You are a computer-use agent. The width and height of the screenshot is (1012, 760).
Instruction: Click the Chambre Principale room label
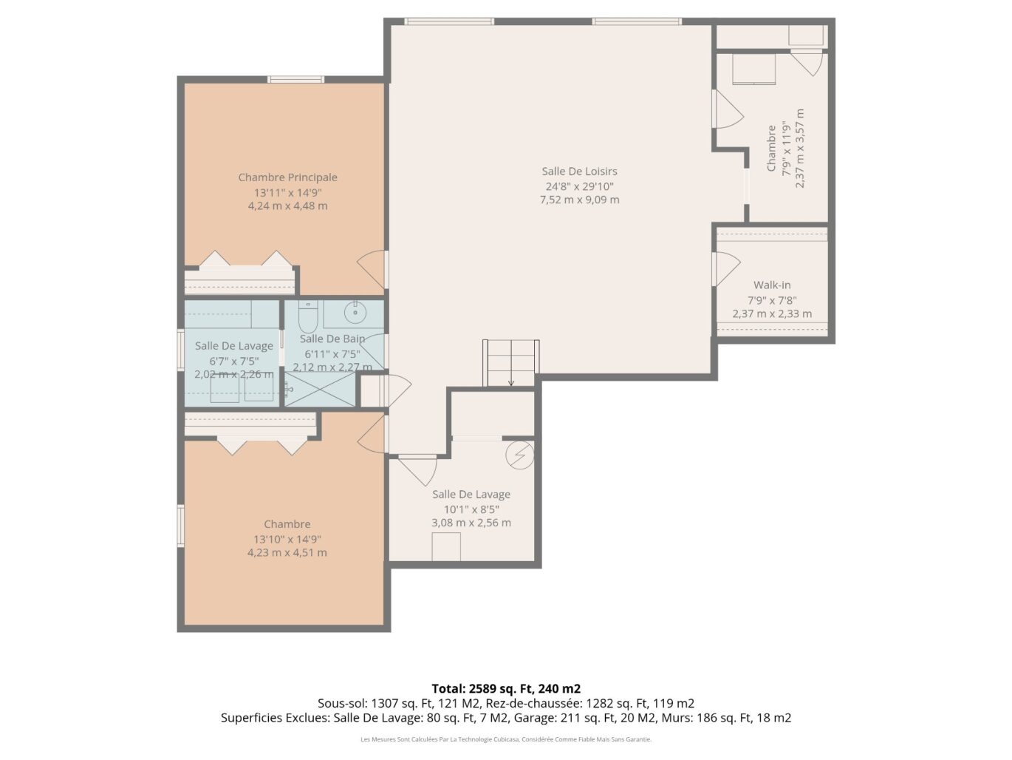point(287,177)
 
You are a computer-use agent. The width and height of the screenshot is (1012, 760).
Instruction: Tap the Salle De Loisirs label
point(579,172)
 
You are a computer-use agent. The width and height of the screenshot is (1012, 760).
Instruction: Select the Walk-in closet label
point(772,285)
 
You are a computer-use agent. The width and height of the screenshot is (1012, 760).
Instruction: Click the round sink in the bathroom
point(355,313)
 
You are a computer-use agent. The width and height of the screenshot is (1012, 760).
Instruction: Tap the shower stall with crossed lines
point(321,389)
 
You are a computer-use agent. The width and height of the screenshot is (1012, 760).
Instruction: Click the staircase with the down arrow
point(511,363)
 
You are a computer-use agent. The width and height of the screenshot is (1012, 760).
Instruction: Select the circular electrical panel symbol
point(519,455)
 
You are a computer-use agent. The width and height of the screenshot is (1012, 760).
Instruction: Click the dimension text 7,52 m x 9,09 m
point(580,200)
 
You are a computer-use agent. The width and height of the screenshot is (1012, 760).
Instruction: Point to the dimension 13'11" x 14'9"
point(287,192)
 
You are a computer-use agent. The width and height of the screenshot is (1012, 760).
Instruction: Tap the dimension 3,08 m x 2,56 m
point(471,523)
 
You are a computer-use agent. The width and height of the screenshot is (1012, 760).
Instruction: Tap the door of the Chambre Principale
point(372,269)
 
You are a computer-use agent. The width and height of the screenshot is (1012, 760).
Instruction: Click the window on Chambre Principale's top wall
point(296,79)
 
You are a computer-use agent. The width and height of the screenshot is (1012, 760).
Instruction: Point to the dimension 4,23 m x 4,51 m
point(287,552)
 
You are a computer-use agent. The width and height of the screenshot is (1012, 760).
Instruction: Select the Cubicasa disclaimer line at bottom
point(506,739)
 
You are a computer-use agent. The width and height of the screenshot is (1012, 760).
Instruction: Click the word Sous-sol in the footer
point(341,703)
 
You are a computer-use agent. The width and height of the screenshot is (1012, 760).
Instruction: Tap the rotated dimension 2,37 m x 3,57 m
point(800,148)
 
